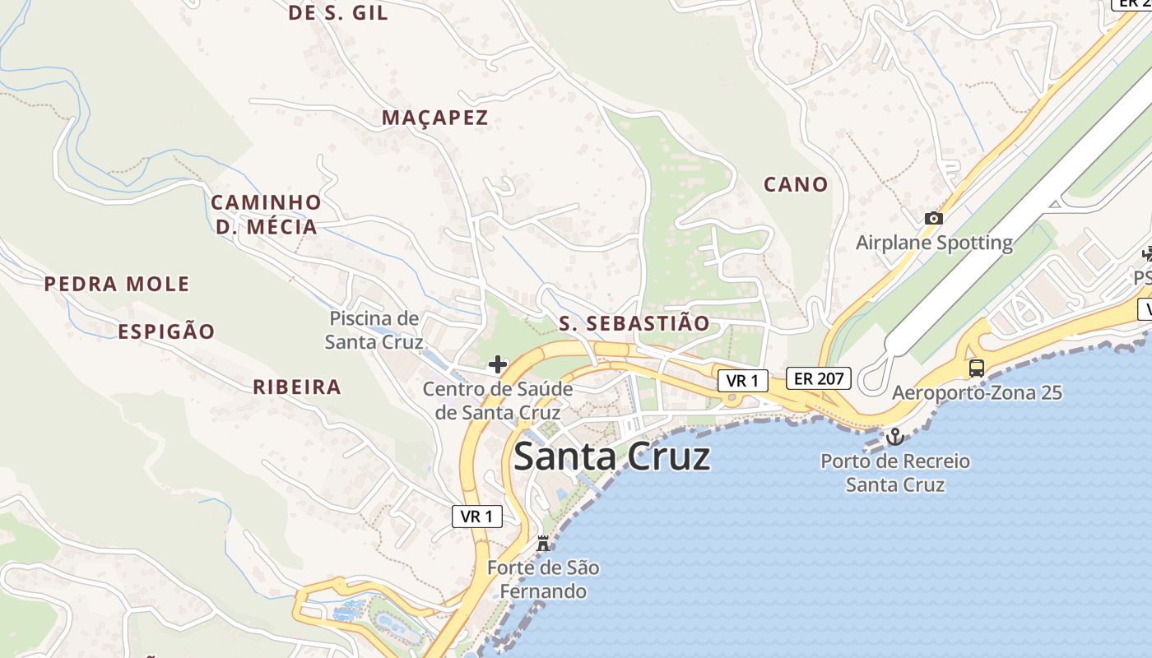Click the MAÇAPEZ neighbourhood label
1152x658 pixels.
click(x=434, y=118)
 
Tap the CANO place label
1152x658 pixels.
click(x=795, y=184)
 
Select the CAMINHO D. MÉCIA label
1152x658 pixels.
click(x=266, y=215)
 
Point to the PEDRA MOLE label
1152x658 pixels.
click(x=117, y=285)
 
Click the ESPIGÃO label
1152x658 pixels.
click(x=166, y=332)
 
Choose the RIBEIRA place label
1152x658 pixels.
click(x=296, y=387)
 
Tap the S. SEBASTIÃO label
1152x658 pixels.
click(x=634, y=323)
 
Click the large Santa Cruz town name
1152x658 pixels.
click(x=611, y=456)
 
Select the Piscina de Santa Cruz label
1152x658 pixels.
click(x=374, y=330)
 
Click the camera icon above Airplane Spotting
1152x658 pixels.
click(x=933, y=218)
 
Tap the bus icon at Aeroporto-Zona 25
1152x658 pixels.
click(x=977, y=368)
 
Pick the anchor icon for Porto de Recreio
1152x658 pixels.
click(x=894, y=437)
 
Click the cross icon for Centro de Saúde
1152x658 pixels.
click(x=498, y=364)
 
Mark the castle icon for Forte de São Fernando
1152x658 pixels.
click(x=542, y=543)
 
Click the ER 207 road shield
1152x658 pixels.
click(x=818, y=378)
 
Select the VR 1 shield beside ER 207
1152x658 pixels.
click(x=742, y=381)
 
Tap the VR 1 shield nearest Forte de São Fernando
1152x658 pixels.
click(x=476, y=517)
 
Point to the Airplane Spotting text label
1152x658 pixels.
click(x=934, y=243)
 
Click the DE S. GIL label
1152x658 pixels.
click(x=337, y=13)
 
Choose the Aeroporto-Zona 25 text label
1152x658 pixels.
click(x=977, y=392)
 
